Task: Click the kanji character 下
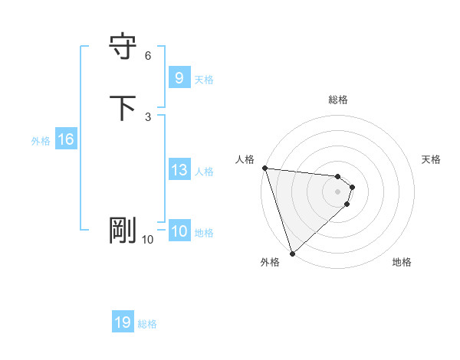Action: point(123,107)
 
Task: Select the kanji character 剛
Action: point(123,231)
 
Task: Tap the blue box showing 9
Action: point(179,78)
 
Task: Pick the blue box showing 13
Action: point(179,171)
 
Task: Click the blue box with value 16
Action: point(66,139)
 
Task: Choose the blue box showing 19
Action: point(123,322)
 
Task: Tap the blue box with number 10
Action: point(179,232)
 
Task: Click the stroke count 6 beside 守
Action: point(148,55)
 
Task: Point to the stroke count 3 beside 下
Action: point(148,116)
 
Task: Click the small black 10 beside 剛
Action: point(147,240)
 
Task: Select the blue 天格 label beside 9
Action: point(204,79)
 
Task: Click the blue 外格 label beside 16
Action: point(41,140)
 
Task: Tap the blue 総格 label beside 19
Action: point(148,323)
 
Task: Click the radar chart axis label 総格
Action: point(338,100)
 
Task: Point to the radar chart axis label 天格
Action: point(432,159)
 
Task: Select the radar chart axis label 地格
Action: point(402,262)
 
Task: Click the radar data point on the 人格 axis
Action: point(264,168)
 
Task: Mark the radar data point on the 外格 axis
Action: point(292,253)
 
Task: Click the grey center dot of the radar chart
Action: point(338,191)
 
